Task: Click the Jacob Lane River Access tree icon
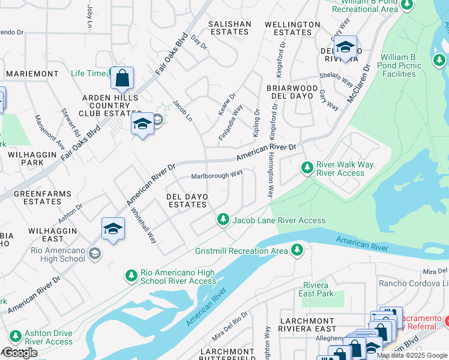pos(223,220)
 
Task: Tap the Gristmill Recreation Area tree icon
pos(297,249)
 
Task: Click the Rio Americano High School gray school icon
pos(94,254)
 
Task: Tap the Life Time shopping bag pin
pos(122,79)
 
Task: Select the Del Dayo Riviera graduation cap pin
pos(345,47)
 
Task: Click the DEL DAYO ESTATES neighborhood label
pos(187,200)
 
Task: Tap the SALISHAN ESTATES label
pos(229,28)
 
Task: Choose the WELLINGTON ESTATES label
pos(293,28)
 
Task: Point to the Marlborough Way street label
pos(217,175)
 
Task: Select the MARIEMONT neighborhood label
pos(32,74)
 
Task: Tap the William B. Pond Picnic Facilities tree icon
pos(439,61)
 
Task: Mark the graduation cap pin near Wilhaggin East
pos(113,229)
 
